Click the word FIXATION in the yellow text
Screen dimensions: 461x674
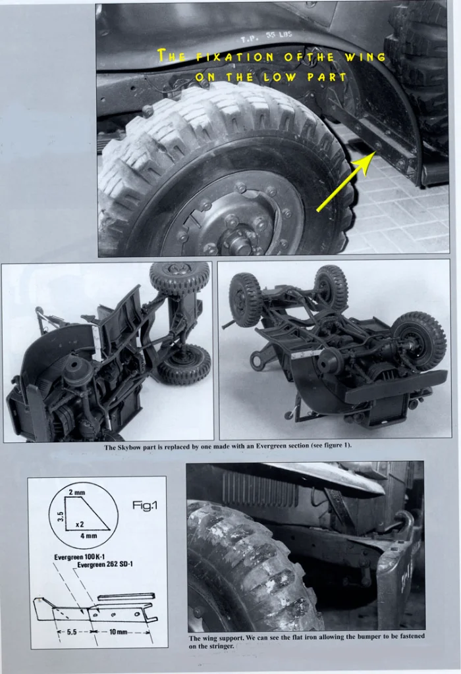[235, 57]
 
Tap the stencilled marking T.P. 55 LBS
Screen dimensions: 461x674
[266, 37]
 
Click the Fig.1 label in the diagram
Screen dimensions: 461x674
[145, 506]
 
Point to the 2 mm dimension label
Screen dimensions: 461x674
[77, 492]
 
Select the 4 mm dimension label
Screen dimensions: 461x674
[88, 536]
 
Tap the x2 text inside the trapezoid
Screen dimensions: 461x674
[80, 525]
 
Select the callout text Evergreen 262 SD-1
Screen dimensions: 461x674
[105, 564]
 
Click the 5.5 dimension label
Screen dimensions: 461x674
[72, 632]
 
